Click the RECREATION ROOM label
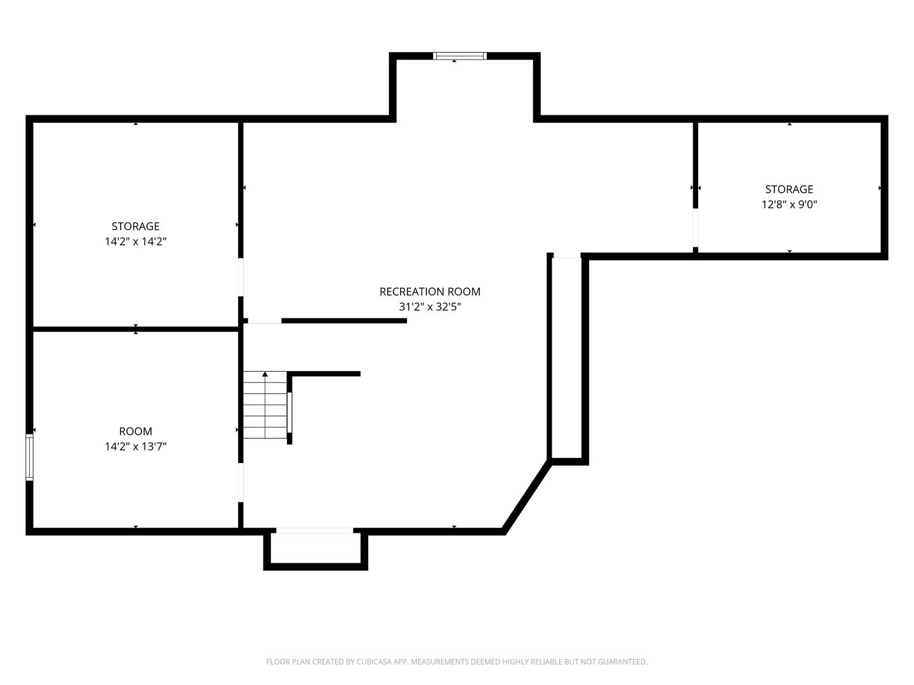click(430, 292)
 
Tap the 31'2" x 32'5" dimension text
click(430, 307)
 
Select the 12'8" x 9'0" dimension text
click(789, 205)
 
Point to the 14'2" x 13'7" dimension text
click(136, 447)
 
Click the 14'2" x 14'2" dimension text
click(136, 242)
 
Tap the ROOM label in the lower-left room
click(136, 431)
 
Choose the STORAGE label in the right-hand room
click(789, 190)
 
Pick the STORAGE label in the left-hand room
click(136, 226)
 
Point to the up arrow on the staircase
click(265, 375)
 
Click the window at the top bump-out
click(460, 56)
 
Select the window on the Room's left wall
click(29, 457)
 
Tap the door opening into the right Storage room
click(695, 227)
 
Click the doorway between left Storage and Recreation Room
click(241, 277)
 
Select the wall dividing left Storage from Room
click(136, 329)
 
